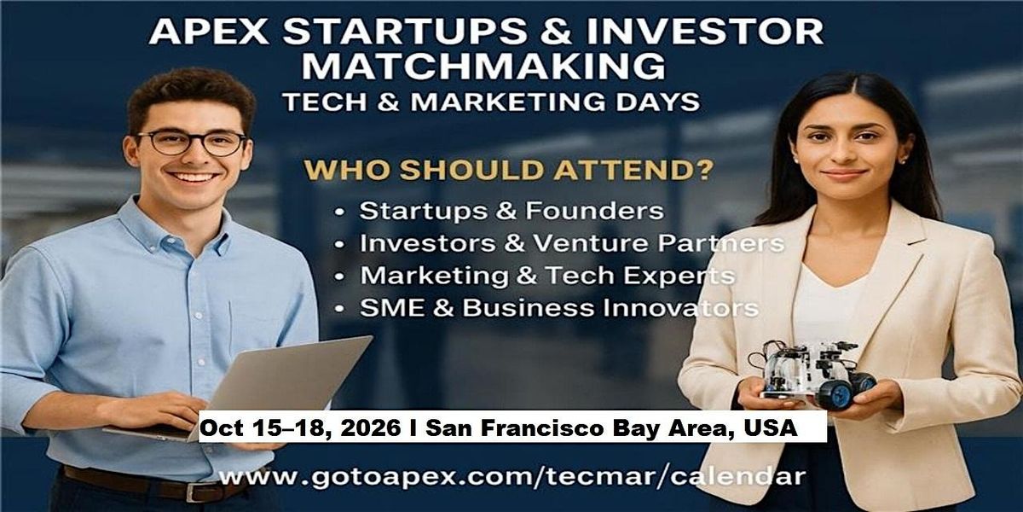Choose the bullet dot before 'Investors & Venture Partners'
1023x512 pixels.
(x=340, y=244)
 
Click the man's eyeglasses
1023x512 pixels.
(x=192, y=143)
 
